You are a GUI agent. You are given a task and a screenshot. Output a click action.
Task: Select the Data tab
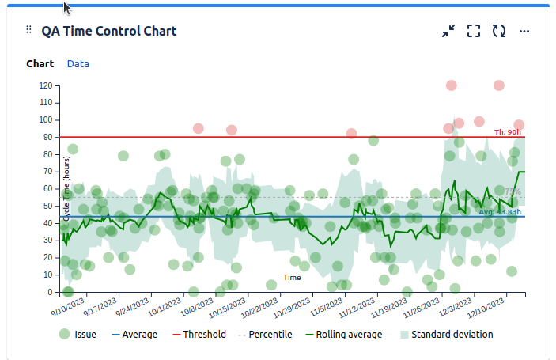tap(78, 63)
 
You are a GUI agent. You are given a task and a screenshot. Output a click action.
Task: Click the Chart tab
tap(40, 63)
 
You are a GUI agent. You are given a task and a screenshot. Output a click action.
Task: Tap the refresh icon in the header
tap(499, 31)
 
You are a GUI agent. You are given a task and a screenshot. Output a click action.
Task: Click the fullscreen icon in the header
tap(474, 31)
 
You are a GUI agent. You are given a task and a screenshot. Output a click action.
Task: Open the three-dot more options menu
tap(524, 31)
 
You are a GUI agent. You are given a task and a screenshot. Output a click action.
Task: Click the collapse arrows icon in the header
tap(448, 31)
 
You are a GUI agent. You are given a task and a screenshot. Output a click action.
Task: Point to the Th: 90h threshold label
tap(508, 132)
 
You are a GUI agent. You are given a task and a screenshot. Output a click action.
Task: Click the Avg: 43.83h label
tap(500, 212)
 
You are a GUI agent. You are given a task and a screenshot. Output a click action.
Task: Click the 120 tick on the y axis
tap(45, 85)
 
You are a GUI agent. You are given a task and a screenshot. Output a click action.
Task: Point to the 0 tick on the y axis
tap(49, 292)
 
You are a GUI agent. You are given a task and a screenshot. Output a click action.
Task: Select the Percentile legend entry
tap(263, 335)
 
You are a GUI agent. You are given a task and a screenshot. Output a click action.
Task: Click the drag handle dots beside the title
tap(29, 30)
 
